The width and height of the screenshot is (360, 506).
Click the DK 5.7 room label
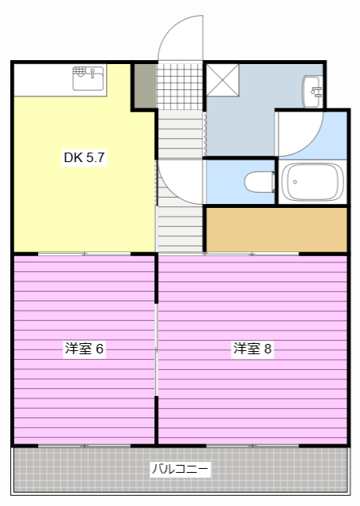pos(85,157)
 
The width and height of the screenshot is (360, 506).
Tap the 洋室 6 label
pos(85,349)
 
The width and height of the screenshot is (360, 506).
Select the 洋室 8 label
pos(253,349)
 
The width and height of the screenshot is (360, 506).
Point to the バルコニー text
pos(180,470)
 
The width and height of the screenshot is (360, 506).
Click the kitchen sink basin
pos(89,78)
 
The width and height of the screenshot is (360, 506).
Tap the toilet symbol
pos(255,183)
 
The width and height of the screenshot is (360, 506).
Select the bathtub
pos(313,183)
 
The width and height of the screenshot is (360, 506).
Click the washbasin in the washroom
pos(312,90)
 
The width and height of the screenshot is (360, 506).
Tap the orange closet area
pos(276,228)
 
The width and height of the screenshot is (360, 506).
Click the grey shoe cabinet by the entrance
pos(144,85)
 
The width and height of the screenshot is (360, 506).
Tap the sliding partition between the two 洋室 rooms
pos(157,348)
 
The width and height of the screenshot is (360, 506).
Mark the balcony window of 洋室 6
pos(85,446)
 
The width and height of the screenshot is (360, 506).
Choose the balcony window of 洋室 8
pos(252,446)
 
